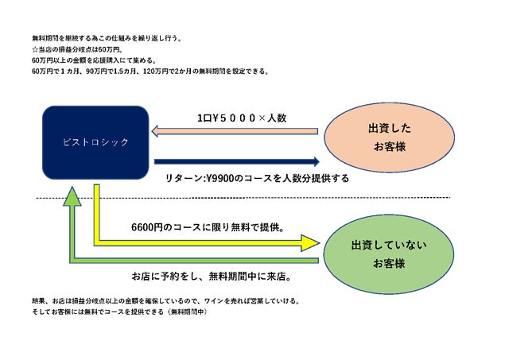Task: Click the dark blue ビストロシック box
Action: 95,142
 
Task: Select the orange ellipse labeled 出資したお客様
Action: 389,137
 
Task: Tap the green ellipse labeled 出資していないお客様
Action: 389,254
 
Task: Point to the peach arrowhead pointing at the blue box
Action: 154,131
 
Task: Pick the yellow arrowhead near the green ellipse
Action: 310,243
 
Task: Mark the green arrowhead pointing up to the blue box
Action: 72,196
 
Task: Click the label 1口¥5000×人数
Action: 242,118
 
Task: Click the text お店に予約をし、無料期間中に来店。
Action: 212,277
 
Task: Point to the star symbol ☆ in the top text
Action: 35,49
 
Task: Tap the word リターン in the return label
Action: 184,178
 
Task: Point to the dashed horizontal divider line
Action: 243,198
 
